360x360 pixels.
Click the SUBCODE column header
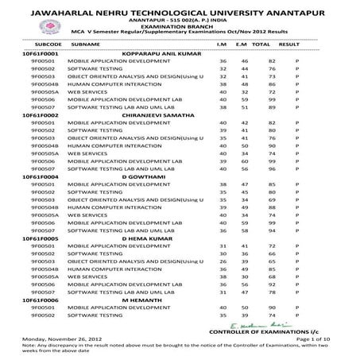point(37,45)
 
